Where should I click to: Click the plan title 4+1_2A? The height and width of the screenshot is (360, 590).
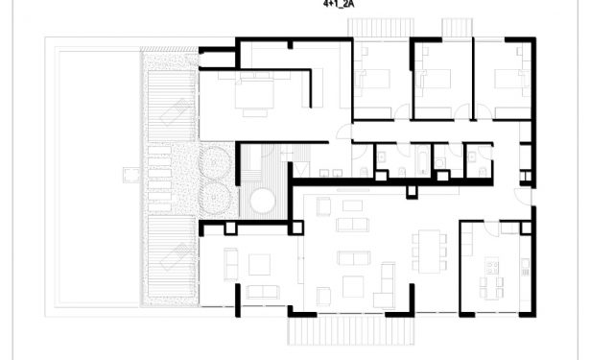pos(339,5)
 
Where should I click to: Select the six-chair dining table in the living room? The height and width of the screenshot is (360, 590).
pos(430,252)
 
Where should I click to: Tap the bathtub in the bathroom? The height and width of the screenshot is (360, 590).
pos(423,162)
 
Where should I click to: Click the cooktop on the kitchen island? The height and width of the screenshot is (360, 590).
pos(492,267)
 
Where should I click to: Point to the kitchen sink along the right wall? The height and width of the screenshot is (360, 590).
pos(525,266)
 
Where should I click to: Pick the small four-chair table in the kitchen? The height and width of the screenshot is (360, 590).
pos(491,288)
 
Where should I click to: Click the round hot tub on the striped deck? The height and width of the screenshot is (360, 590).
pos(263,202)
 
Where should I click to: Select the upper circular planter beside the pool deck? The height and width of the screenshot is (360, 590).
pos(215,162)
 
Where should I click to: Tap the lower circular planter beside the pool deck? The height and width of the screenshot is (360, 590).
pos(215,198)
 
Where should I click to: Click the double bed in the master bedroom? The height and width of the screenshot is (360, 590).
pos(254,91)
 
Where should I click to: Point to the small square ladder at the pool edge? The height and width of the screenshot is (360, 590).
pos(131,175)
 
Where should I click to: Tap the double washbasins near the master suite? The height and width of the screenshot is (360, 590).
pos(331,173)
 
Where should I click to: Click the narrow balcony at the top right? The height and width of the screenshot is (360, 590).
pos(457,28)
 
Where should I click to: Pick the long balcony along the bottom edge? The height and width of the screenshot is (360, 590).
pos(351,330)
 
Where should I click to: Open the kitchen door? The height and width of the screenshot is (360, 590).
pos(491,228)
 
